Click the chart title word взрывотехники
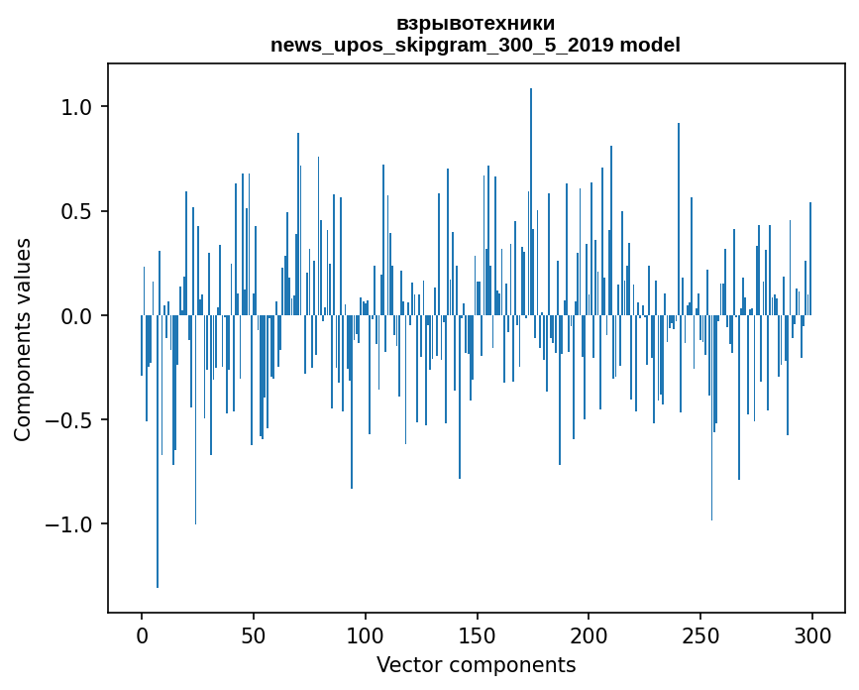(x=476, y=23)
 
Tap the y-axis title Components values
(x=23, y=339)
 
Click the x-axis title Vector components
(x=476, y=664)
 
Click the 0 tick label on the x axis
(x=142, y=634)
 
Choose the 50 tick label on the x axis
(x=254, y=634)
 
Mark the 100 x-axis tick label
(x=366, y=634)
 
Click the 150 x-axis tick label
(x=478, y=634)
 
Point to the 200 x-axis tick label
(x=590, y=634)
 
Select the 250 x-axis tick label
(x=700, y=634)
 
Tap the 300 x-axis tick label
(x=812, y=634)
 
